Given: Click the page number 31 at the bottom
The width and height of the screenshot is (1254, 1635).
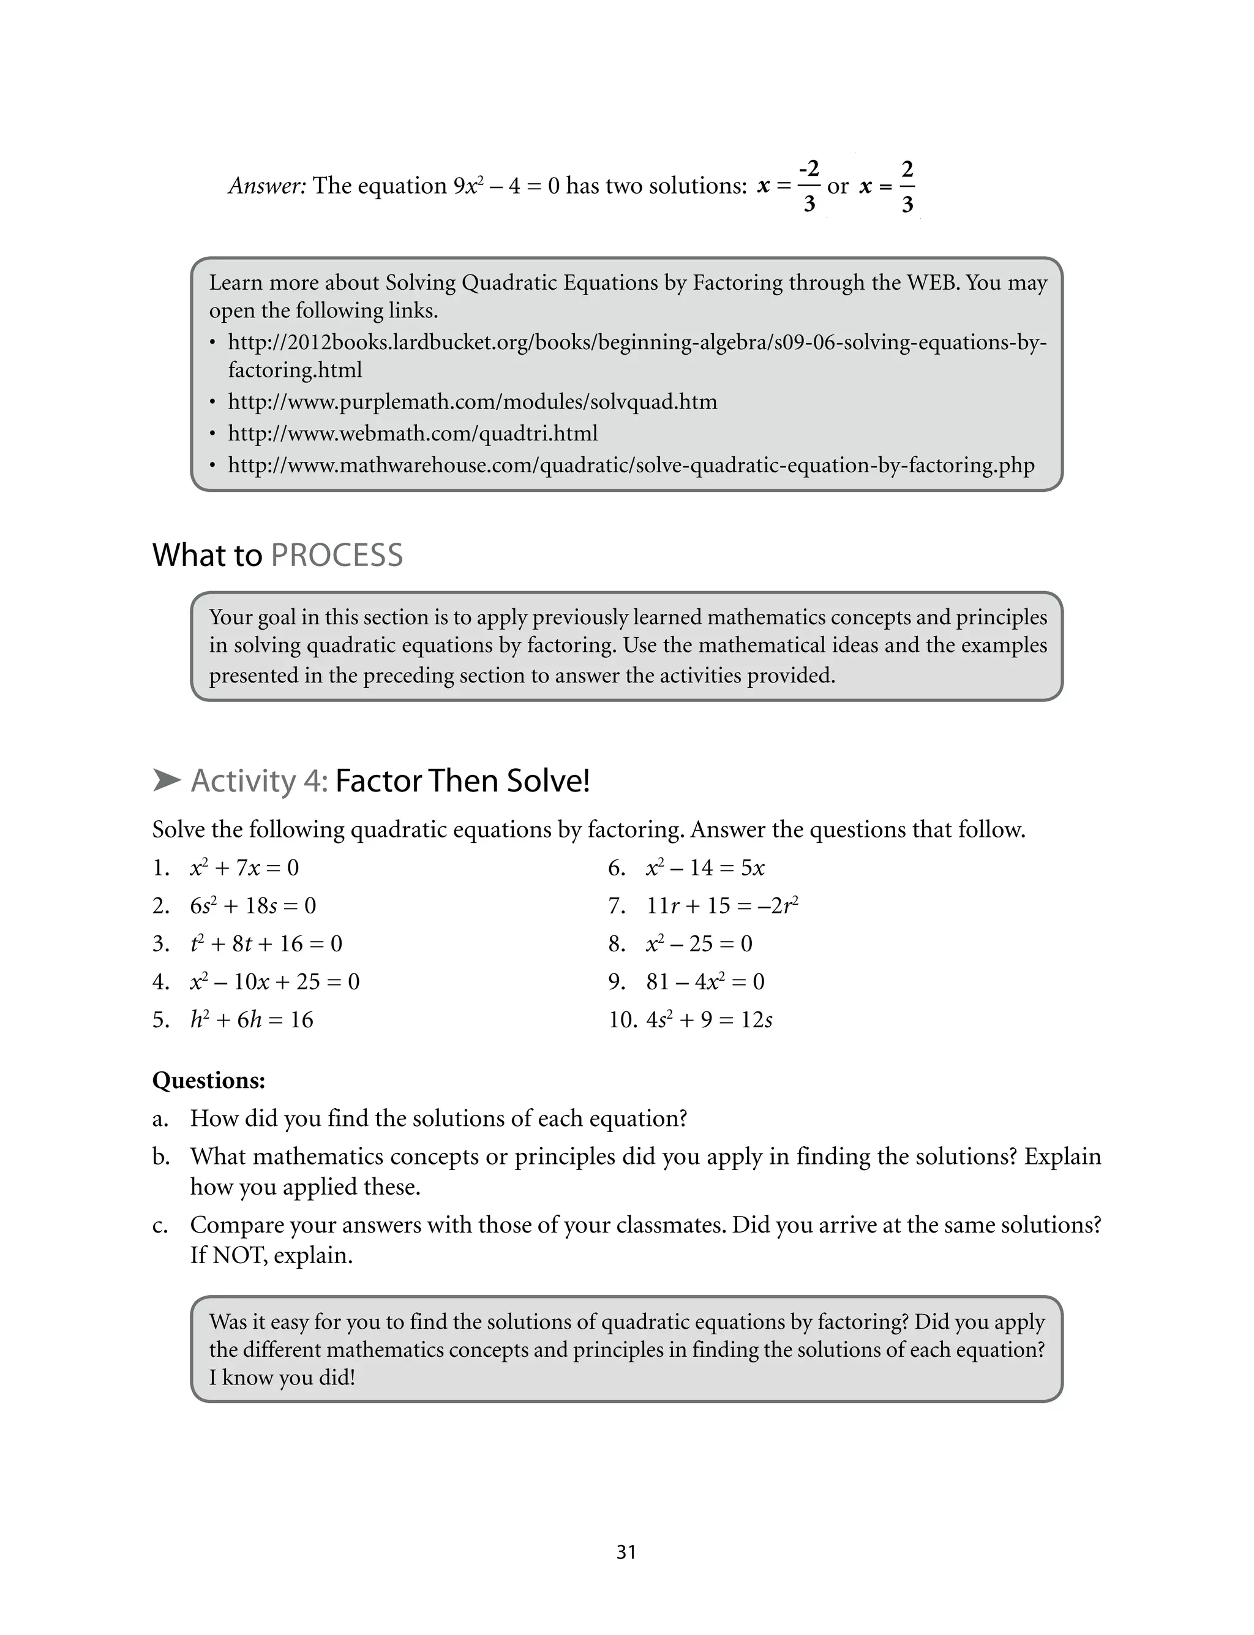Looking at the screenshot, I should [626, 1552].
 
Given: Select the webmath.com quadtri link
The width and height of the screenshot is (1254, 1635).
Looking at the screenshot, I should [412, 434].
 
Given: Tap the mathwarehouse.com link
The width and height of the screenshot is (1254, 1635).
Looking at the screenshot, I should [631, 465].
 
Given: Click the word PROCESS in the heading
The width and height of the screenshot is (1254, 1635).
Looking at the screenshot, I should [337, 556].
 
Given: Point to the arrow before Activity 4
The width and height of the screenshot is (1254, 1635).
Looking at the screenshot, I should [167, 781].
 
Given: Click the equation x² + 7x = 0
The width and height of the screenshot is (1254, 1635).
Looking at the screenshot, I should [244, 867].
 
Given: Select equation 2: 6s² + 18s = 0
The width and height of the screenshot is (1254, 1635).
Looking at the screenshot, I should [252, 905].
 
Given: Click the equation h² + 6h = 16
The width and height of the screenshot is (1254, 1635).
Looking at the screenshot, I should [252, 1020].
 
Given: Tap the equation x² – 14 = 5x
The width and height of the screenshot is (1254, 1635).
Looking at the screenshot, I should [705, 867].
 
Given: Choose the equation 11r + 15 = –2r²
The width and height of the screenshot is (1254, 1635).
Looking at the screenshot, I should [722, 905].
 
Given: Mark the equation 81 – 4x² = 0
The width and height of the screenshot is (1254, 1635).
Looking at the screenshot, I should [705, 982].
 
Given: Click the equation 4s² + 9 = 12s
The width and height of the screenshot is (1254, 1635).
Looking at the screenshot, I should [709, 1020].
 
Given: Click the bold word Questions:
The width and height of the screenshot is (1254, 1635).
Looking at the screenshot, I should [208, 1080].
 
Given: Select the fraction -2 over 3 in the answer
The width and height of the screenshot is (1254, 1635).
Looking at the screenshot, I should [809, 185].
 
